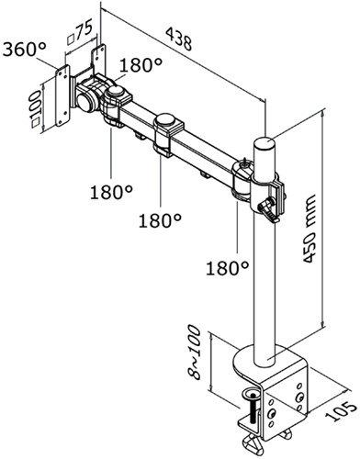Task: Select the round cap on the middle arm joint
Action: pyautogui.click(x=166, y=119)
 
